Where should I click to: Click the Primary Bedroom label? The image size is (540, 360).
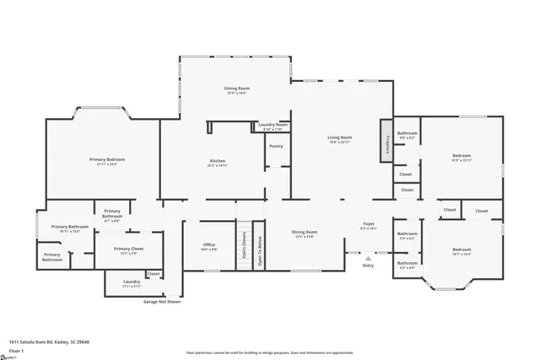tap(107, 160)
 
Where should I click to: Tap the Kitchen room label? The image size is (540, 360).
tap(218, 162)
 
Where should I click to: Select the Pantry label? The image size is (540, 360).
tap(276, 146)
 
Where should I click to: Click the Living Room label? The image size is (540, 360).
tap(340, 138)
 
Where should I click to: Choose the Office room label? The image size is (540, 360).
tap(209, 247)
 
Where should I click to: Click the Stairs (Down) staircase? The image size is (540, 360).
tap(243, 246)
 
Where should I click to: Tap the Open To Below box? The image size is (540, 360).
tap(260, 246)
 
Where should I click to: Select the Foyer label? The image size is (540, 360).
tap(369, 225)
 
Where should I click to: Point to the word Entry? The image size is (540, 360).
tap(368, 266)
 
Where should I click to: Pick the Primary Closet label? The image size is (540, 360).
tap(129, 250)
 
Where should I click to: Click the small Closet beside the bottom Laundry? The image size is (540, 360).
tap(154, 274)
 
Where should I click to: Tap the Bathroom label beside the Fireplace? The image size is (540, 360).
tap(408, 134)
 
